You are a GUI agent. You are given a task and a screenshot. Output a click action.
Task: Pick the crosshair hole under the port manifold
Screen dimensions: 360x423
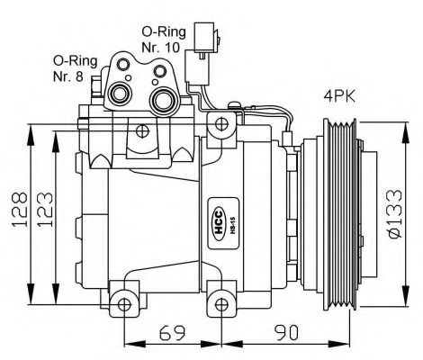[142, 131]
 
